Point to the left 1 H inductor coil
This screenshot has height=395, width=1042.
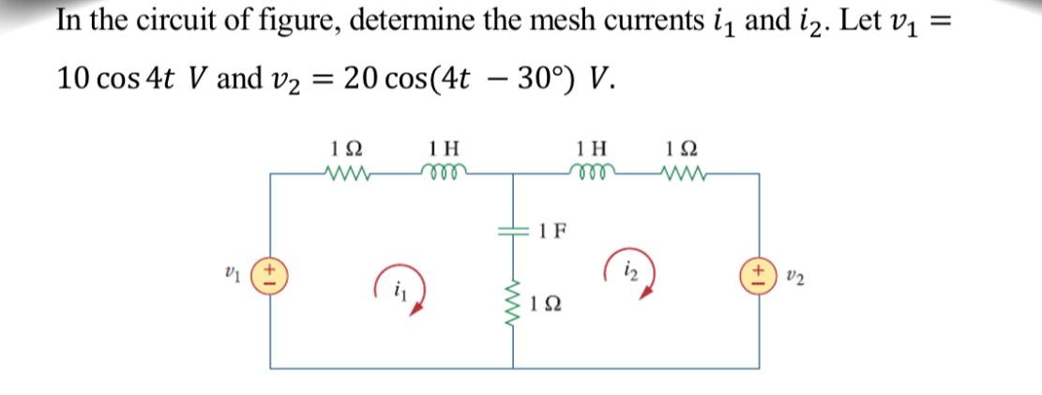(438, 173)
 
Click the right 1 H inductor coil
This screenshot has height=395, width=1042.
(593, 173)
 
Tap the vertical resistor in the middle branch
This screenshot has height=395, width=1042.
(514, 301)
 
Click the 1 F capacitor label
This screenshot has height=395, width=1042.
(552, 230)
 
